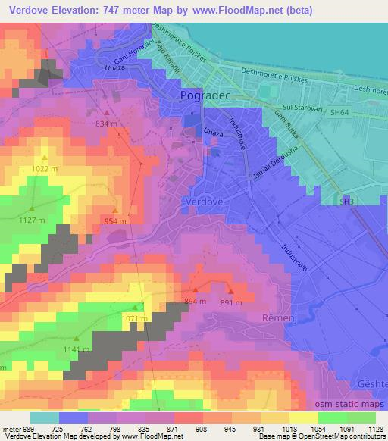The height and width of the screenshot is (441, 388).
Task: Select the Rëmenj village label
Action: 277,317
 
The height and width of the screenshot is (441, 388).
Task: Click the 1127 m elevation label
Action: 32,220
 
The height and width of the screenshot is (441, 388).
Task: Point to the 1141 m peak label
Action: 77,349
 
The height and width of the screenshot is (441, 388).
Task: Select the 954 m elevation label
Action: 115,220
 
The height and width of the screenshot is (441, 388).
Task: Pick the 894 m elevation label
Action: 195,301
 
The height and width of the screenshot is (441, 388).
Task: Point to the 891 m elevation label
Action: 231,302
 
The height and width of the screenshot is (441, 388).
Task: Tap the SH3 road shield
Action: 346,202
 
